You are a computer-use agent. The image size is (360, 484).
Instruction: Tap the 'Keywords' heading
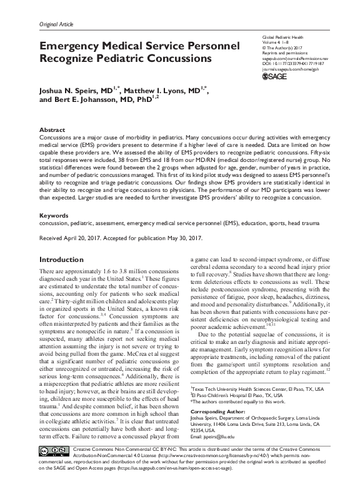click(54, 214)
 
